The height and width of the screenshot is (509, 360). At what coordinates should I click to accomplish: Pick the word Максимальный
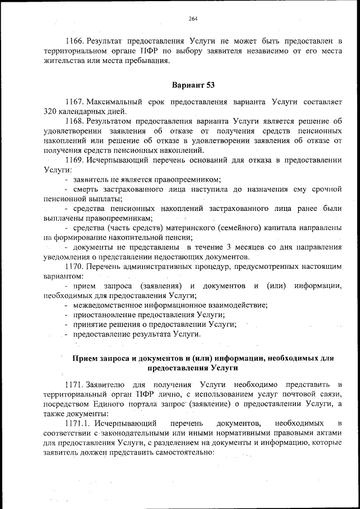coord(110,102)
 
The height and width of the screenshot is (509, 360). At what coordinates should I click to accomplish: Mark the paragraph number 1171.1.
coord(78,422)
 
